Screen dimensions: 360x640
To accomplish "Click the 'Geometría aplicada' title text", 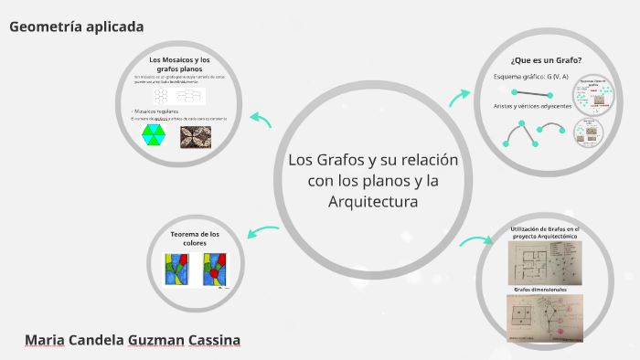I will coord(77,26).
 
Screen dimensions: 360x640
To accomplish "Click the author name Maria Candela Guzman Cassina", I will coord(133,341).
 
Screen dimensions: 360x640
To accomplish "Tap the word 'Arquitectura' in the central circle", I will coord(372,200).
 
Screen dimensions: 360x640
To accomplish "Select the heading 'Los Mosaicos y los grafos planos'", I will coord(179,64).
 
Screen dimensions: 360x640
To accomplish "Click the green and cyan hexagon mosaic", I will coord(154,135).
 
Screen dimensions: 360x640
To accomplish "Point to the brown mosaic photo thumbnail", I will coord(196,136).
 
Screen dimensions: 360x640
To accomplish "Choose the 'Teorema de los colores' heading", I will coord(195,238).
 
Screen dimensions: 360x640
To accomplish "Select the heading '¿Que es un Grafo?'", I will coord(546,59).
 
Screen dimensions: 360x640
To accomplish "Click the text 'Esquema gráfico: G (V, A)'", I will coord(531,76).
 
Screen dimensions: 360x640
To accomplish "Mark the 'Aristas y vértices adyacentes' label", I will coord(531,106).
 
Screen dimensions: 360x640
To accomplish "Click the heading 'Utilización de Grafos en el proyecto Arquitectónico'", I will coord(545,232).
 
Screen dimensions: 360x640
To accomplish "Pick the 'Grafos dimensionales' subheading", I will coord(540,290).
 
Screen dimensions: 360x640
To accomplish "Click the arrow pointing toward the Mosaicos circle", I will coord(261,119).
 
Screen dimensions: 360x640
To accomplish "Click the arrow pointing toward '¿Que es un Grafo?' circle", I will coord(460,95).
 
